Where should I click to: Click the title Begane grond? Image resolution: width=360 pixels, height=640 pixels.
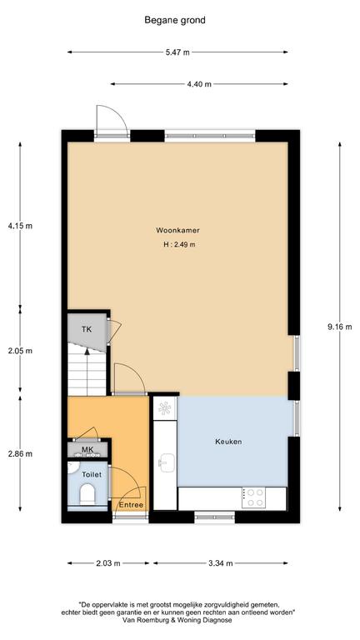tap(175, 20)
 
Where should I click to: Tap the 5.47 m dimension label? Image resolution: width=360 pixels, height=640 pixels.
tap(177, 52)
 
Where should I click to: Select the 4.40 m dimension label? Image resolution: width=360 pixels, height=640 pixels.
tap(199, 84)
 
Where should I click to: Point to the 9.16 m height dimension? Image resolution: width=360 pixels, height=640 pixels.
tap(340, 327)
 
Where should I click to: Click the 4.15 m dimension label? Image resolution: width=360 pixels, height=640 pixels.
tap(20, 226)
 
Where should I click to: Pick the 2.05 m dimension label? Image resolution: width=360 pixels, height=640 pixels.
tap(20, 351)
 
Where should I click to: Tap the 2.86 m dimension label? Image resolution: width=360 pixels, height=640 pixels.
tap(20, 453)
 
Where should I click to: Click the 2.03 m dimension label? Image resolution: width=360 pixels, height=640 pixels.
tap(108, 563)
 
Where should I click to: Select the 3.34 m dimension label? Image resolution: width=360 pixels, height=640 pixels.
tap(220, 563)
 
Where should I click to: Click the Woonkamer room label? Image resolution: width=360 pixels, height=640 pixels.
tap(177, 230)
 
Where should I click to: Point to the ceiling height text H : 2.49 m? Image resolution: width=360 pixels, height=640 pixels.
tap(177, 245)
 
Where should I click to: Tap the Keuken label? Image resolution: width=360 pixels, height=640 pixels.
tap(228, 442)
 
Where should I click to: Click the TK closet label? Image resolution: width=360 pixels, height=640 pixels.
tap(87, 329)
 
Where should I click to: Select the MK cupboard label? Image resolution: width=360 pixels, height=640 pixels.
tap(87, 449)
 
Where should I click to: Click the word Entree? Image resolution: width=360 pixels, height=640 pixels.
tap(131, 505)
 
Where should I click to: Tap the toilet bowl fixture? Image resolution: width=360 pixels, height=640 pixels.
tap(87, 494)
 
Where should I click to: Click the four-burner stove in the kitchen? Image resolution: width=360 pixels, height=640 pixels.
tap(253, 498)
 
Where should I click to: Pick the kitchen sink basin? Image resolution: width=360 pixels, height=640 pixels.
tap(167, 462)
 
